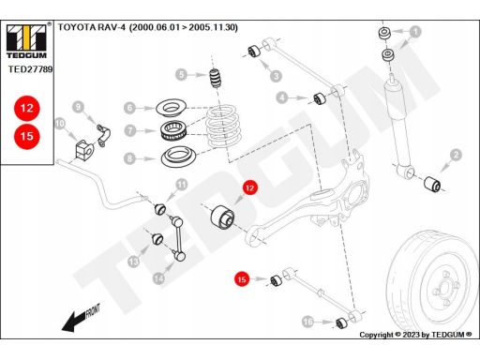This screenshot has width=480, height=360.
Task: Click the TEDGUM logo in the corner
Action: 26,40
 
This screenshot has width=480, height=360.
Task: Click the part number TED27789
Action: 30,69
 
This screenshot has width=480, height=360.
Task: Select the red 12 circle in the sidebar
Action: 27,108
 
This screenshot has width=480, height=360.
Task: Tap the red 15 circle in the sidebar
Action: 27,136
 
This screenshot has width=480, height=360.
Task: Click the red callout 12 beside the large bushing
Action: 249,187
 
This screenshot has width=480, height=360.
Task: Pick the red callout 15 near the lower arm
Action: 242,279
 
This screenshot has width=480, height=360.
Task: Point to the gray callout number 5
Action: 181,75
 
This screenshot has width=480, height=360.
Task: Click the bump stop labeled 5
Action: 215,78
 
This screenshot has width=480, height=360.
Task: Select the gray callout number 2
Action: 456,155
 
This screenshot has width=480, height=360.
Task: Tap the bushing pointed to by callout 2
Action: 432,184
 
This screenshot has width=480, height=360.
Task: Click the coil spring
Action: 222,127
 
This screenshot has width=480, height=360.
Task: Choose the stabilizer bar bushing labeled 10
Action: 83,149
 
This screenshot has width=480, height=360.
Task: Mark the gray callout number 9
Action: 78,107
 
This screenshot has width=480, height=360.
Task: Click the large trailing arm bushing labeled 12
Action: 222,217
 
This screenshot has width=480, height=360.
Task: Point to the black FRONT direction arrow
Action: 81,317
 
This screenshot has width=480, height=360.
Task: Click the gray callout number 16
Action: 307,322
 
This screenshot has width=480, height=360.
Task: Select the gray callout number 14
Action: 158,277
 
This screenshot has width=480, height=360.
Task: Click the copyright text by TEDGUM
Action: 415,335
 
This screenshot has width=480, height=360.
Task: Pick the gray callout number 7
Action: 130,130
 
